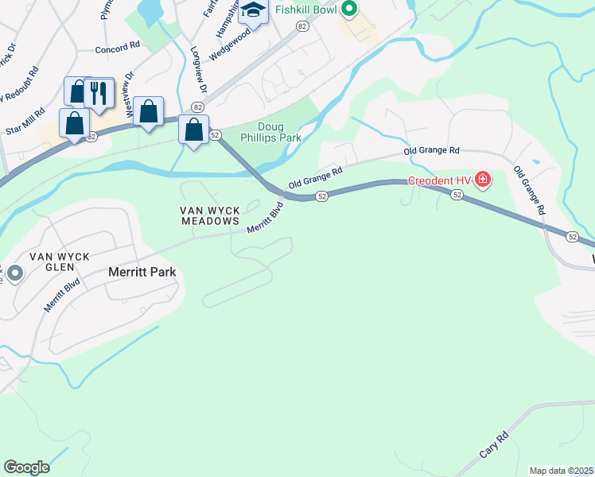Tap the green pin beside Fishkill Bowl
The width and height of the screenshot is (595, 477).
348,10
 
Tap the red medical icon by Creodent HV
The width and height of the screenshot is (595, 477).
483,180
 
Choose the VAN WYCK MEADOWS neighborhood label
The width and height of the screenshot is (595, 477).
209,215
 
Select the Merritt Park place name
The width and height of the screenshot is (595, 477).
141,272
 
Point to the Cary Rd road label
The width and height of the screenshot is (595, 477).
493,445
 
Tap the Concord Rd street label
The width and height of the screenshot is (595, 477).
117,48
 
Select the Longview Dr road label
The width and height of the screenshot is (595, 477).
197,68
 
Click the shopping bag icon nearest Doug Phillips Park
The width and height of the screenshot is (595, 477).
194,130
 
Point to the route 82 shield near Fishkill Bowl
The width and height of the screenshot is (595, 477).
301,26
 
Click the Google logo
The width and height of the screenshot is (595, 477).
26,467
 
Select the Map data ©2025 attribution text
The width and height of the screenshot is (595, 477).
561,471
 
